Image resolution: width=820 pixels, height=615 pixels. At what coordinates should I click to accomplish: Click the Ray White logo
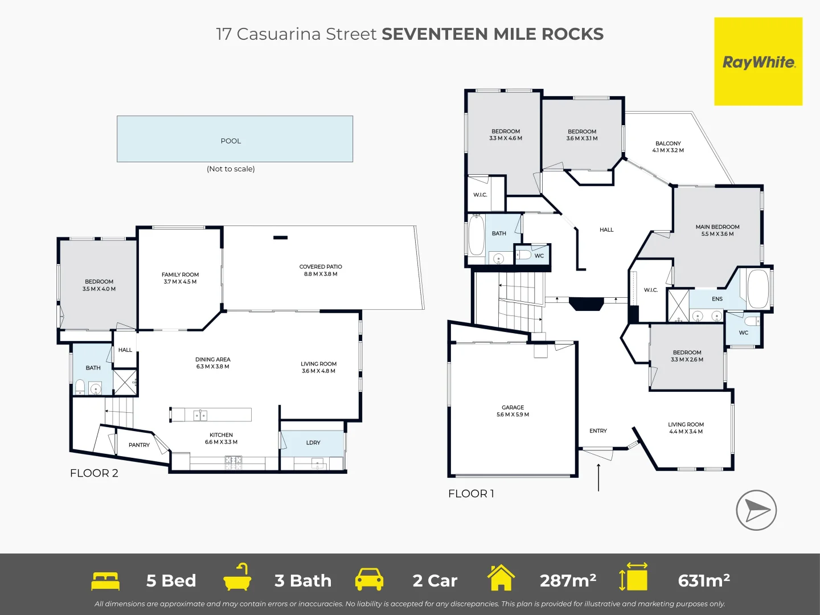tap(758, 61)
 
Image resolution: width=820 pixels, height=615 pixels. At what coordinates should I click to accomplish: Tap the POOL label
tap(231, 141)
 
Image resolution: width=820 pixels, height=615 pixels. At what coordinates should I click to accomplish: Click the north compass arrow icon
tap(756, 510)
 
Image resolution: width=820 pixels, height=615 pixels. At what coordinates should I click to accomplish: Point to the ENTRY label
tap(598, 431)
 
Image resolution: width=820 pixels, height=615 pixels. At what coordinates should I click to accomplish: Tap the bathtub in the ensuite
tap(758, 288)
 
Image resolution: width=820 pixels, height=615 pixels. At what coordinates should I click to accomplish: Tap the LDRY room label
tap(313, 442)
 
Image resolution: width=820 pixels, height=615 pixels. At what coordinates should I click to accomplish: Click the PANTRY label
tap(139, 445)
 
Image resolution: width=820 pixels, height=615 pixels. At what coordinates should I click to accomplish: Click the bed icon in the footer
tap(105, 580)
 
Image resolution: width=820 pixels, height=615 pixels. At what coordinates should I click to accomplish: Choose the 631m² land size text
tap(704, 580)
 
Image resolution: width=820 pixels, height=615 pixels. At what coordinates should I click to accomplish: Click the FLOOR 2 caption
tap(94, 473)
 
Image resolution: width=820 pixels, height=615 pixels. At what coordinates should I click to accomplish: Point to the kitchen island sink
tap(200, 415)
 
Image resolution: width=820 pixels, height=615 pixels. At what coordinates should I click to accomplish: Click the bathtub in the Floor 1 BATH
tap(476, 235)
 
